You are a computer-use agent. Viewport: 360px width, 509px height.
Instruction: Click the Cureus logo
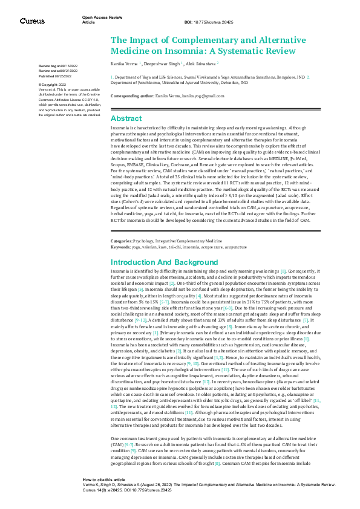pyautogui.click(x=31, y=21)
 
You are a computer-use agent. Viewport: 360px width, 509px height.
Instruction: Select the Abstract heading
pyautogui.click(x=126, y=118)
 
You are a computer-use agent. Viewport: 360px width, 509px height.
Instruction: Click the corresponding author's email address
pyautogui.click(x=200, y=96)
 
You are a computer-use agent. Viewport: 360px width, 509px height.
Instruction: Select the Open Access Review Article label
pyautogui.click(x=96, y=19)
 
